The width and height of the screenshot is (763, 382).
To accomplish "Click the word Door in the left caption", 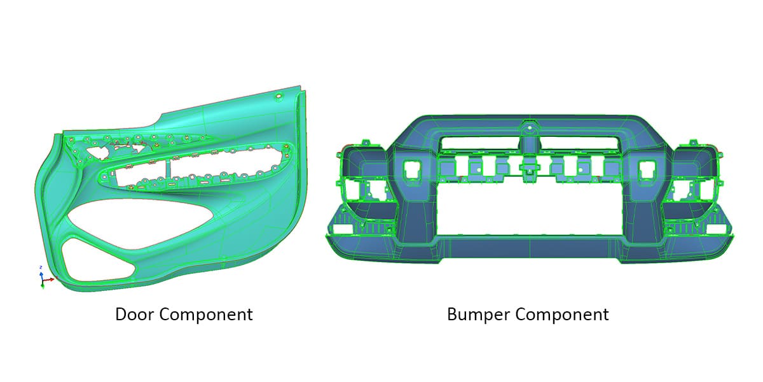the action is click(x=135, y=314).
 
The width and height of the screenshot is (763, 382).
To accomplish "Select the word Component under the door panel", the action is click(x=206, y=315).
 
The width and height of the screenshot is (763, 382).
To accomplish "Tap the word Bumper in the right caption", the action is click(x=478, y=315).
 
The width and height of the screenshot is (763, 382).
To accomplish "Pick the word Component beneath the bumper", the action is click(x=562, y=315).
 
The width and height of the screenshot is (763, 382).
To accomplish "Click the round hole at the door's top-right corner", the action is click(x=278, y=96).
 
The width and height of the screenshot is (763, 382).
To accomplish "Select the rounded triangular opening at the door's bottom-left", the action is click(x=99, y=261).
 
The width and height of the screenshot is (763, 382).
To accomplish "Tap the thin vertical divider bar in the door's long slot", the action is click(x=168, y=169).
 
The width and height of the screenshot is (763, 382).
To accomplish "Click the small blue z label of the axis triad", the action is click(x=41, y=267).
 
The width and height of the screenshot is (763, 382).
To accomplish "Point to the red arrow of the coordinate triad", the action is click(x=48, y=280).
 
